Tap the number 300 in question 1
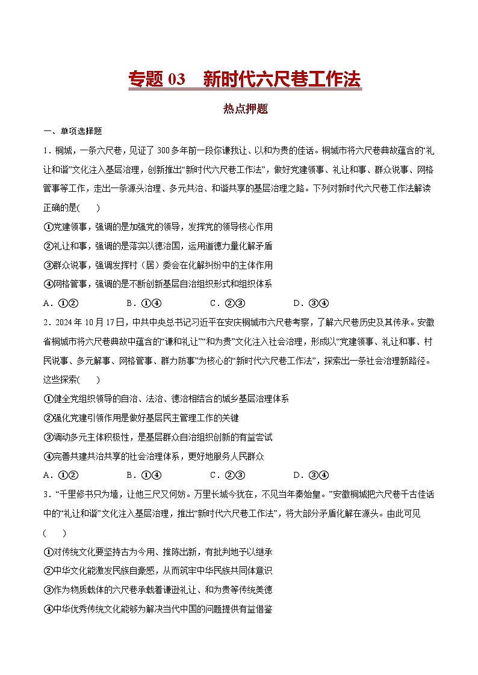164,150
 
